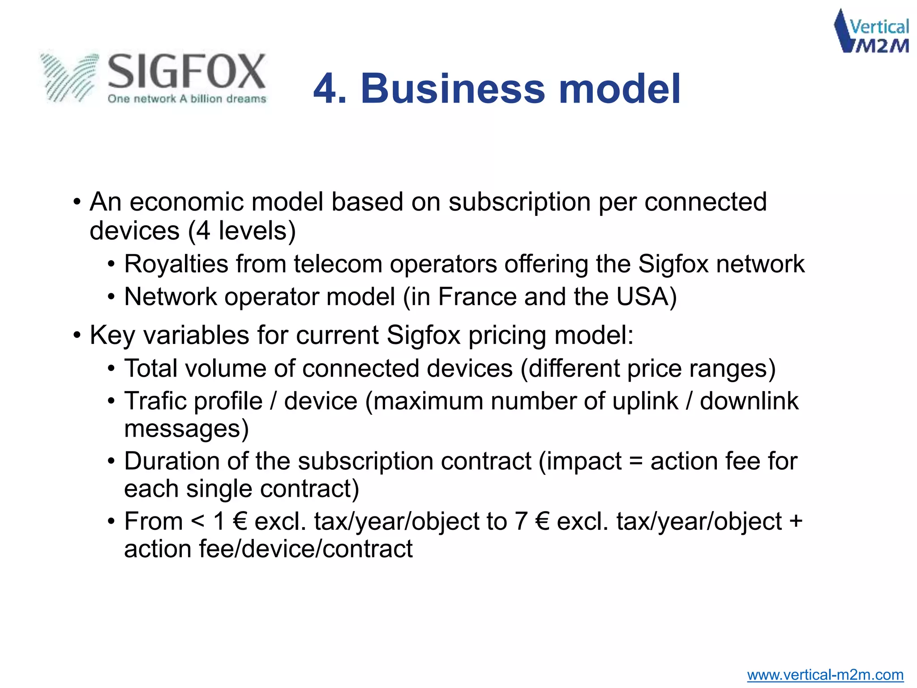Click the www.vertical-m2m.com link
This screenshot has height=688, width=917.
point(825,675)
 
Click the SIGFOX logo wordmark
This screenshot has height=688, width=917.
point(186,72)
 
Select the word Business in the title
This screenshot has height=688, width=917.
point(453,89)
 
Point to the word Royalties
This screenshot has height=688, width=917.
point(176,264)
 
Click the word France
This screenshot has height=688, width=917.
point(477,297)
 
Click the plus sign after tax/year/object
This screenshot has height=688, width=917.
point(796,521)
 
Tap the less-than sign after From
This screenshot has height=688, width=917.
point(197,521)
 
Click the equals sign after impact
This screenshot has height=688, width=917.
point(636,461)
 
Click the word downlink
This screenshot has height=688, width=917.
point(749,401)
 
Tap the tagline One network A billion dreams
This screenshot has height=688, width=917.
point(187,99)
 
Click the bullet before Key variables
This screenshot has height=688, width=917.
point(77,335)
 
